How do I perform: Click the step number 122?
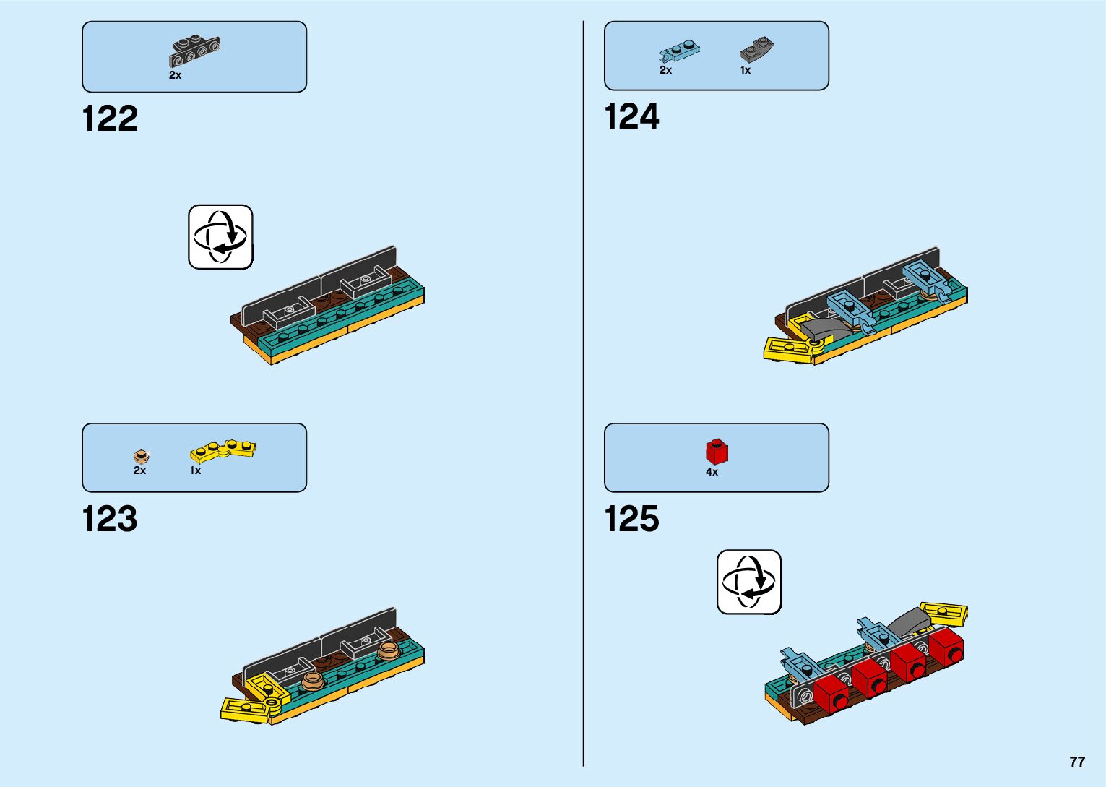pos(110,119)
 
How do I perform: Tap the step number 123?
pos(110,520)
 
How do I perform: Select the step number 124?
pos(631,117)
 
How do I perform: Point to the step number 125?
pos(631,520)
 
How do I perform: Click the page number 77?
pos(1077,762)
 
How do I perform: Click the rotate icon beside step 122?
pos(221,237)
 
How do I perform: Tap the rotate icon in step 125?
pos(749,582)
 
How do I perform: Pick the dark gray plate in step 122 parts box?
pos(195,51)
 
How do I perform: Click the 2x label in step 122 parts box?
pos(176,75)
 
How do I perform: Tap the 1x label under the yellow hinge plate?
pos(195,470)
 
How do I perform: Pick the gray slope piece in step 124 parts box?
pos(756,51)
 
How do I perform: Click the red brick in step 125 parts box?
pos(717,452)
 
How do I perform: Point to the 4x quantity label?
pos(712,472)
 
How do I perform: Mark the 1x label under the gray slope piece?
pos(746,71)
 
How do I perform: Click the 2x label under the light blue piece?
pos(665,70)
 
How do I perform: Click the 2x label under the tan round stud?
pos(139,470)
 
